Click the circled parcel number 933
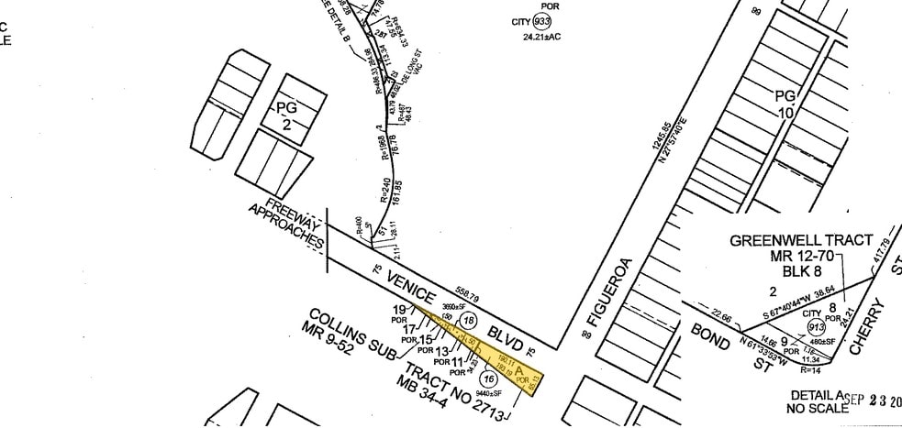click(542, 21)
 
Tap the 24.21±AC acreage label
click(541, 38)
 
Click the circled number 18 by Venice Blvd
click(469, 321)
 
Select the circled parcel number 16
click(489, 378)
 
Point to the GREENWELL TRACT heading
click(801, 241)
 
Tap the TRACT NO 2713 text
click(451, 393)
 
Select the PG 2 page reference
click(286, 116)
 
